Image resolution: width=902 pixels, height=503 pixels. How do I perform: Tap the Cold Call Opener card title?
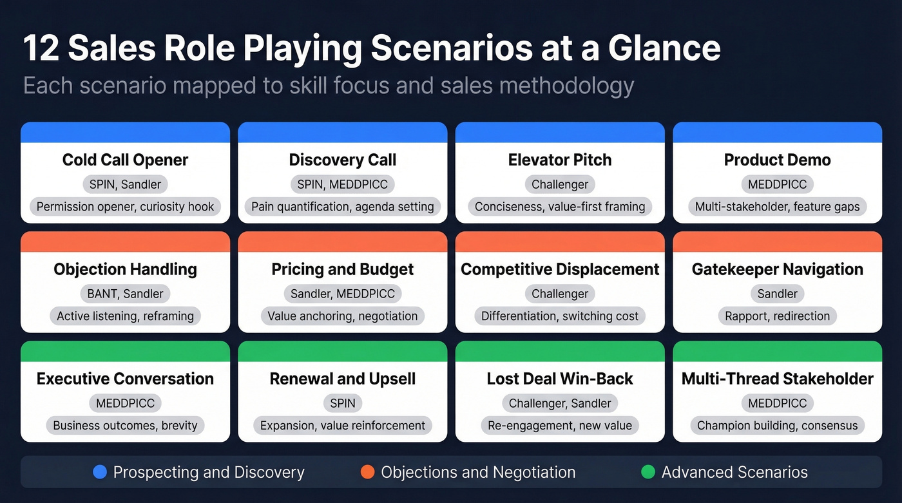pyautogui.click(x=125, y=160)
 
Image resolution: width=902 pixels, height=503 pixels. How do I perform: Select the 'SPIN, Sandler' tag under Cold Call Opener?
pyautogui.click(x=125, y=184)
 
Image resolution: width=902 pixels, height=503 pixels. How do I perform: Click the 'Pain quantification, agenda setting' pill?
pyautogui.click(x=342, y=207)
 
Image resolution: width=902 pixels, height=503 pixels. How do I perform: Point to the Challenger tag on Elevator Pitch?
pyautogui.click(x=560, y=184)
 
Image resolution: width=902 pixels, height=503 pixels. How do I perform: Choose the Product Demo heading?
pyautogui.click(x=777, y=160)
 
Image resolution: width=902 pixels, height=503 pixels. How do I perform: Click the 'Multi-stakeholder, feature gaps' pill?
pyautogui.click(x=777, y=207)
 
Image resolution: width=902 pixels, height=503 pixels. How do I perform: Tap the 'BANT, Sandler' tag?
pyautogui.click(x=125, y=294)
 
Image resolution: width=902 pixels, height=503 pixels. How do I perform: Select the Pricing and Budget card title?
pyautogui.click(x=342, y=269)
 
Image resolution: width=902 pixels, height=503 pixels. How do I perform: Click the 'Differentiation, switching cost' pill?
pyautogui.click(x=560, y=316)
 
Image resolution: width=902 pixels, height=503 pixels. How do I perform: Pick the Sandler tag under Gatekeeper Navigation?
pyautogui.click(x=777, y=294)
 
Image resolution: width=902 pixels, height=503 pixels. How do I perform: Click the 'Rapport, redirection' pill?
pyautogui.click(x=777, y=316)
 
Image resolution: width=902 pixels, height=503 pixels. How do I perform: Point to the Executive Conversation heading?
pyautogui.click(x=125, y=379)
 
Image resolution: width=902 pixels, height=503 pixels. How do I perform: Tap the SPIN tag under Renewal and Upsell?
pyautogui.click(x=342, y=403)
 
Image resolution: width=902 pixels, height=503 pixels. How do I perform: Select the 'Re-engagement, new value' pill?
pyautogui.click(x=560, y=426)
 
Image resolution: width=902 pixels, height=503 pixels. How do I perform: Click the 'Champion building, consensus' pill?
pyautogui.click(x=777, y=426)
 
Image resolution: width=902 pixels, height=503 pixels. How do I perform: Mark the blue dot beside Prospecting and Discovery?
pyautogui.click(x=99, y=472)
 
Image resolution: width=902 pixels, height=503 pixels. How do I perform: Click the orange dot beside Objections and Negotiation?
pyautogui.click(x=367, y=472)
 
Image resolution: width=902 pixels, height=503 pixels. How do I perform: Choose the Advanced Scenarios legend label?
pyautogui.click(x=734, y=472)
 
